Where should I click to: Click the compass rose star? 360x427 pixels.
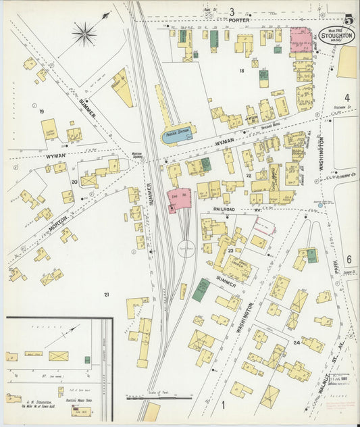click(x=84, y=34)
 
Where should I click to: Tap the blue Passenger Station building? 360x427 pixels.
click(x=177, y=134)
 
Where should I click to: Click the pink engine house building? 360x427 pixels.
click(x=179, y=199)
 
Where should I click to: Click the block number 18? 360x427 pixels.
click(x=241, y=70)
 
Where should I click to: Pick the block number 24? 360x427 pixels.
click(x=297, y=343)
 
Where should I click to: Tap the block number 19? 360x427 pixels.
click(x=42, y=111)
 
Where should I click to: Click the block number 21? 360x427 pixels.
click(x=105, y=295)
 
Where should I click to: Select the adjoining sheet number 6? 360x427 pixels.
click(x=349, y=259)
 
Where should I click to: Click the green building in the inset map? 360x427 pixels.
click(x=87, y=359)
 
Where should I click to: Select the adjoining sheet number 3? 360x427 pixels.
click(x=231, y=11)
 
